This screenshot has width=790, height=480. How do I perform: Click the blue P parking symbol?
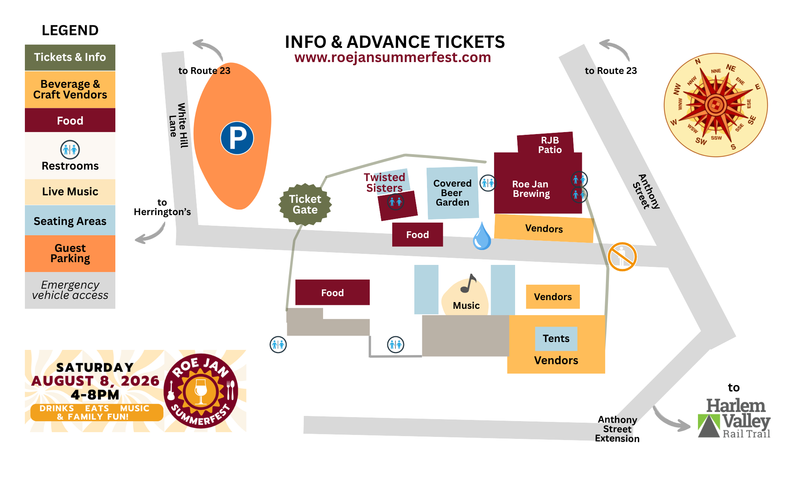(x=237, y=138)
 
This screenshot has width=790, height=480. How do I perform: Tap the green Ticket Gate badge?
(x=305, y=204)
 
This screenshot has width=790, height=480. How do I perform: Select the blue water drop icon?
(x=482, y=236)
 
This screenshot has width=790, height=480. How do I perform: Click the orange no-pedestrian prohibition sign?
(x=622, y=257)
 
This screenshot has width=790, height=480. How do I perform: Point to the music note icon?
(x=469, y=283)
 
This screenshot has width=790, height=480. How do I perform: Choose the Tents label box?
(x=556, y=338)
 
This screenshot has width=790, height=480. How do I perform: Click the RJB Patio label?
(x=550, y=145)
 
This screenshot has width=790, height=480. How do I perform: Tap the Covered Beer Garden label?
(x=452, y=193)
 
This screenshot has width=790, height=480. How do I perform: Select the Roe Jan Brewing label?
(x=531, y=189)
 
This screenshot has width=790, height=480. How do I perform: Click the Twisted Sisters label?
(x=384, y=182)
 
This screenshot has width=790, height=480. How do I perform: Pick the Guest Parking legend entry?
(x=70, y=253)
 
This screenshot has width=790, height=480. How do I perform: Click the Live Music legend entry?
(x=70, y=192)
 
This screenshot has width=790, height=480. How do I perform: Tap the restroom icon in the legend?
(x=70, y=150)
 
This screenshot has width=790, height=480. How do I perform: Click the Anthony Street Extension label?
(x=617, y=429)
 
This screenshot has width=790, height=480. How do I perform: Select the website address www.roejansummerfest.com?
(x=393, y=57)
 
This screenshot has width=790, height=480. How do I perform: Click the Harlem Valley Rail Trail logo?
(x=734, y=418)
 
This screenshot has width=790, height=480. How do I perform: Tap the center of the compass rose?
(x=715, y=105)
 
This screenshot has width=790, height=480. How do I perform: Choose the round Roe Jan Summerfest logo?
(x=201, y=391)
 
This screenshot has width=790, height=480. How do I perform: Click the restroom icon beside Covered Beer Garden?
(x=488, y=183)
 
